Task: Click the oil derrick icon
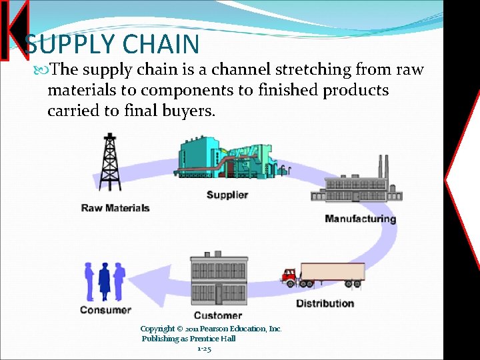click(108, 163)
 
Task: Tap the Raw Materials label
click(115, 208)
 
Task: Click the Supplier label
click(227, 195)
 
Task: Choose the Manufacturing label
click(360, 219)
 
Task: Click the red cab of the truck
click(289, 275)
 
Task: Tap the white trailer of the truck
click(332, 272)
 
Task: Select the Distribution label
click(325, 303)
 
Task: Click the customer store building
click(219, 279)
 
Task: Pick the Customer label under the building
click(217, 315)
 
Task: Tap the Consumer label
click(105, 309)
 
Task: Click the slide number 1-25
click(204, 349)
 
